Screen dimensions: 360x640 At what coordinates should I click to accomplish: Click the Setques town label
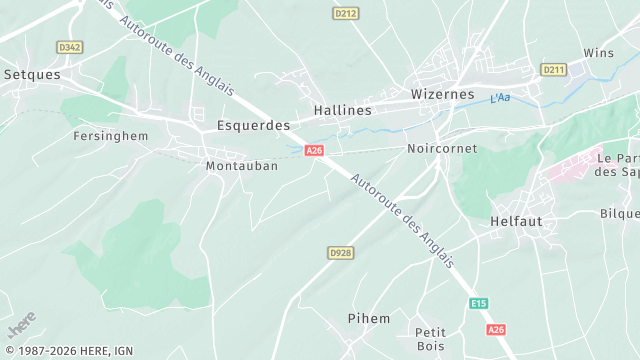32,74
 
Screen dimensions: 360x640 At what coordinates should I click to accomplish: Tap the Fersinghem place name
112,135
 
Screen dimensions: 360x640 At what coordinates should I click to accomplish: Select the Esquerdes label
253,126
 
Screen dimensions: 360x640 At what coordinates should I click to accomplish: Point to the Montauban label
241,166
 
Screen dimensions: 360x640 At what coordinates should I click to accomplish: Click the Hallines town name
342,110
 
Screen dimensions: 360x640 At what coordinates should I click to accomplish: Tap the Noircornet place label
442,148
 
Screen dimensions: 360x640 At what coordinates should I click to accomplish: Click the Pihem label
369,318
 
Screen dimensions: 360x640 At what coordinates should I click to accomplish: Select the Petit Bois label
430,339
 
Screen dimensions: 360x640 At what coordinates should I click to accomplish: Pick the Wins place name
598,53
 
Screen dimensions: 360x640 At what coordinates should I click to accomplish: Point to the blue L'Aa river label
500,98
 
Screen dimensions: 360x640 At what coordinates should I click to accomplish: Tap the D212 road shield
345,13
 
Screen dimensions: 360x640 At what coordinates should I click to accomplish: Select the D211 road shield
553,69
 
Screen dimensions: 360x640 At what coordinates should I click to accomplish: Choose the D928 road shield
341,253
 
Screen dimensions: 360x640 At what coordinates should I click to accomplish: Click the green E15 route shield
479,303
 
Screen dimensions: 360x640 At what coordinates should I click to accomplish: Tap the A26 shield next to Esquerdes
315,150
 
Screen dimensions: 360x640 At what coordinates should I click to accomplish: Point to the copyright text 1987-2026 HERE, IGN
67,351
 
